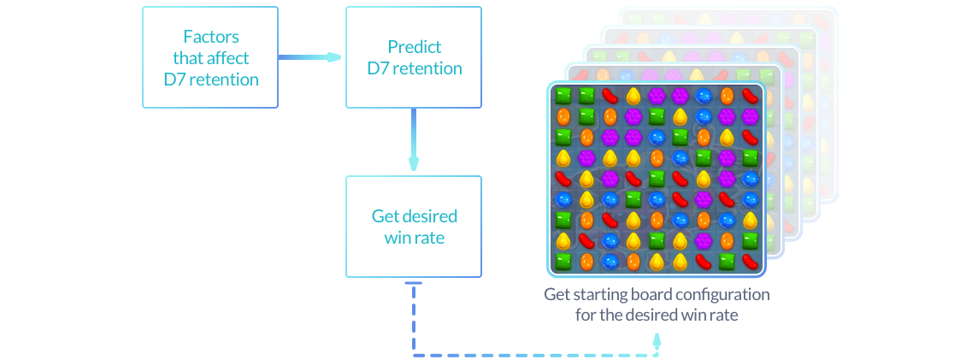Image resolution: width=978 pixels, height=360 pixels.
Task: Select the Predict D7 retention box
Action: pyautogui.click(x=414, y=57)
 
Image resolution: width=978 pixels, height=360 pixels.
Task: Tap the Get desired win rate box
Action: pyautogui.click(x=414, y=226)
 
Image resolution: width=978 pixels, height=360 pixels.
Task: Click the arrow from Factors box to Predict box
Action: pyautogui.click(x=309, y=57)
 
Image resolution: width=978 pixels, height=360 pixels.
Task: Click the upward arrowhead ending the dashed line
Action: pyautogui.click(x=657, y=339)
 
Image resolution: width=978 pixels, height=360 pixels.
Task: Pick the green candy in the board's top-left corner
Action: pyautogui.click(x=563, y=95)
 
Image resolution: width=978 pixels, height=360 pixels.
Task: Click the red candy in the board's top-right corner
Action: pyautogui.click(x=751, y=95)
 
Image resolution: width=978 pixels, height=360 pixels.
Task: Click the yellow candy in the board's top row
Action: pyautogui.click(x=633, y=95)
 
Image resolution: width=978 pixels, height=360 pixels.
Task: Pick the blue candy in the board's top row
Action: pyautogui.click(x=704, y=95)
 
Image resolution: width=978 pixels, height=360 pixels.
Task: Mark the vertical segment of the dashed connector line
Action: pyautogui.click(x=414, y=321)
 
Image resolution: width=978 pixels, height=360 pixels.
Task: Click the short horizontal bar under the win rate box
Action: pyautogui.click(x=414, y=283)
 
